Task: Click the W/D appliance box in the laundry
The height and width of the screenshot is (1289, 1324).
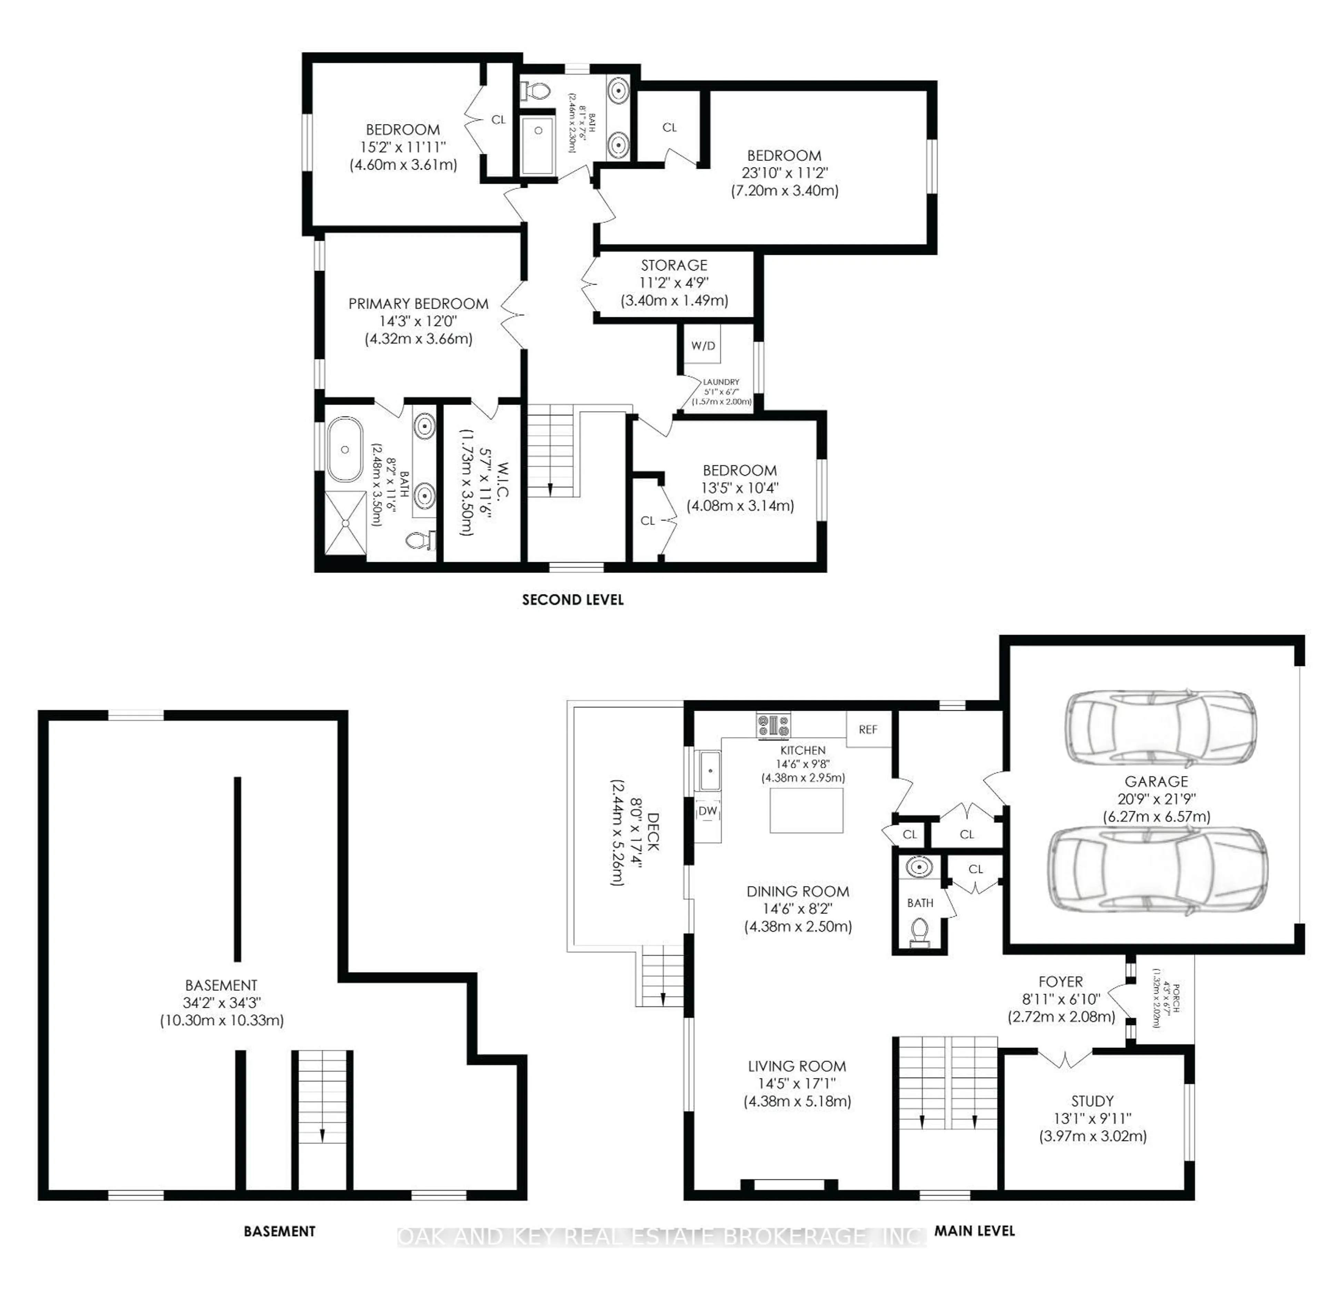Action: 702,346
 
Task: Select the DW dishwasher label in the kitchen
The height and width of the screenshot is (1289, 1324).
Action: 707,811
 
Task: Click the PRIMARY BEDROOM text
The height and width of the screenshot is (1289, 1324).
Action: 418,304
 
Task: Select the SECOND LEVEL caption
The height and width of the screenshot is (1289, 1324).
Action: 572,600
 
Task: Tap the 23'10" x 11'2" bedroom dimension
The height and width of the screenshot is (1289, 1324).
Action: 784,173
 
